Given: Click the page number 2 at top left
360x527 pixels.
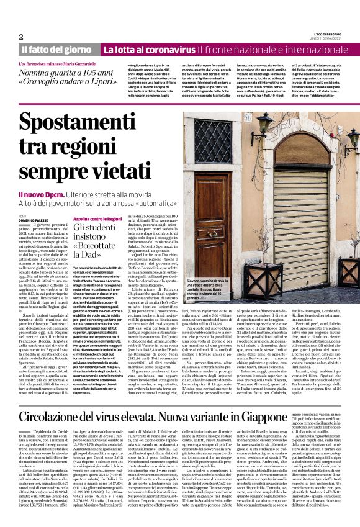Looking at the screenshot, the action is point(21,37).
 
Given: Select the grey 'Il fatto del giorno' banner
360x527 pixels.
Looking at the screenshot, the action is point(57,49).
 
